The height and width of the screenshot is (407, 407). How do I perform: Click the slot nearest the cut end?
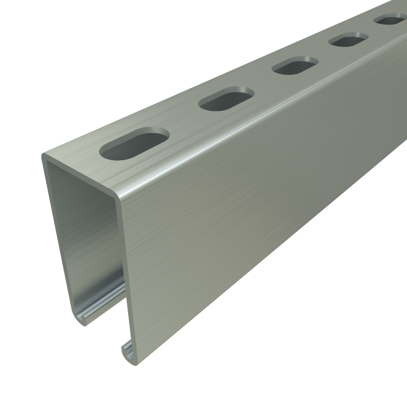134,144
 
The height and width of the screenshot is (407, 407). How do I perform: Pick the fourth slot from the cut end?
348,40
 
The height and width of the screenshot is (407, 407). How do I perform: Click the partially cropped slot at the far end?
391,19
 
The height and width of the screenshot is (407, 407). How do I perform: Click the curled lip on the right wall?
128,352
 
